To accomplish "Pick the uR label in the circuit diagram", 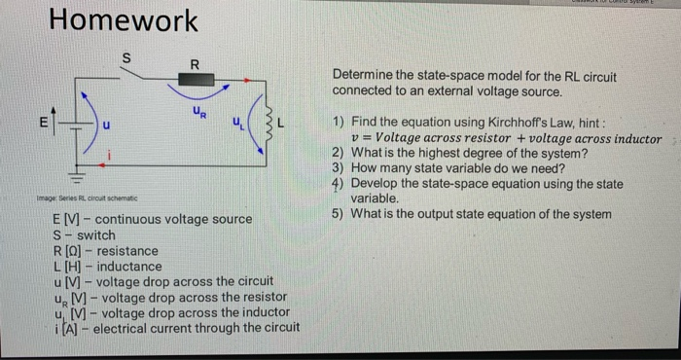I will click(197, 114).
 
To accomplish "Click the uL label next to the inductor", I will click(236, 122).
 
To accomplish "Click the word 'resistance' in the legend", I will click(128, 250).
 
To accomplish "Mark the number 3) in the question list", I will click(338, 168).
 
